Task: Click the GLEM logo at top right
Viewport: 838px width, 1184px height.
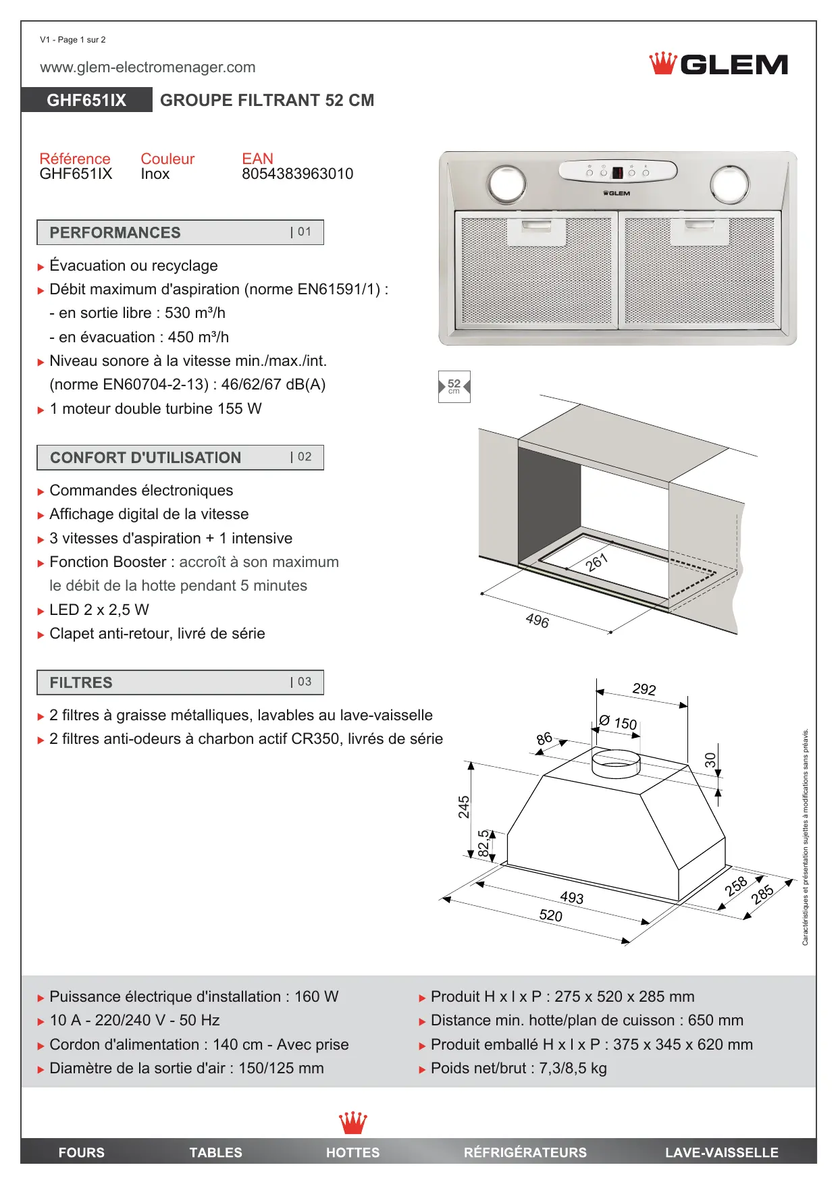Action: [x=718, y=64]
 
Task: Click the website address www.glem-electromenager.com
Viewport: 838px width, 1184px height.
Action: [x=147, y=68]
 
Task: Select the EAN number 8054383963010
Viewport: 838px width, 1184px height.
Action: [x=297, y=174]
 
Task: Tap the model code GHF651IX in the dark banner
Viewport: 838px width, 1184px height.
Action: [x=86, y=101]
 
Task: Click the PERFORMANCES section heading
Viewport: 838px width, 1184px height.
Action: [x=115, y=233]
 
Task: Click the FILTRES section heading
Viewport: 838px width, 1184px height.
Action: [x=81, y=682]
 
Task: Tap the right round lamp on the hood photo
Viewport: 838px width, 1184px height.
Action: [x=729, y=184]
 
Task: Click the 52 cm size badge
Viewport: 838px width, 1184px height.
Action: [x=454, y=387]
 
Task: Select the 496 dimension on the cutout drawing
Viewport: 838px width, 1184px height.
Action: [x=538, y=620]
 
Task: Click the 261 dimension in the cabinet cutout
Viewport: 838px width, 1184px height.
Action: [x=597, y=562]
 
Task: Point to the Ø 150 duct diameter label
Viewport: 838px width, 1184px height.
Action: [x=619, y=722]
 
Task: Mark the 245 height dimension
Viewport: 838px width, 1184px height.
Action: [x=464, y=807]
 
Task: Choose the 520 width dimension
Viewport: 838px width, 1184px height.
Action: [x=551, y=915]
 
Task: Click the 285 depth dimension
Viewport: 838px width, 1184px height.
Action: [x=762, y=895]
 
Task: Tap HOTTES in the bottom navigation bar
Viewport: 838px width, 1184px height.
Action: [x=352, y=1152]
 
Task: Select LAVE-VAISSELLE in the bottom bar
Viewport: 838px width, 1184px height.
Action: [x=721, y=1152]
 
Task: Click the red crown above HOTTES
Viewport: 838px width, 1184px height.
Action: [x=352, y=1123]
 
